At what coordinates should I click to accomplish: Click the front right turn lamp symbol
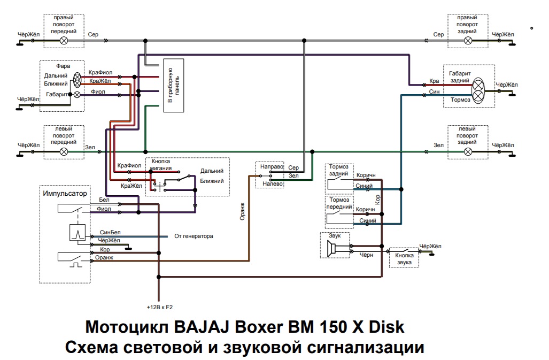click(x=64, y=40)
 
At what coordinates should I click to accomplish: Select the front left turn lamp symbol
click(x=64, y=151)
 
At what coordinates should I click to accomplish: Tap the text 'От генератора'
click(x=194, y=236)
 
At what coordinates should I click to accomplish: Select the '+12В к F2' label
click(x=159, y=308)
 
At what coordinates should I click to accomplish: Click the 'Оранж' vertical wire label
click(x=242, y=212)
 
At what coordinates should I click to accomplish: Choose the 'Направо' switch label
click(x=270, y=167)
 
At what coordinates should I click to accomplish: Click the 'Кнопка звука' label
click(x=404, y=258)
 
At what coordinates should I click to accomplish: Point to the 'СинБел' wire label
click(x=110, y=233)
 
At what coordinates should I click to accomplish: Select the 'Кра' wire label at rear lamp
click(x=434, y=81)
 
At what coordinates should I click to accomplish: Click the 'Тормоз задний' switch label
click(x=339, y=170)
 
